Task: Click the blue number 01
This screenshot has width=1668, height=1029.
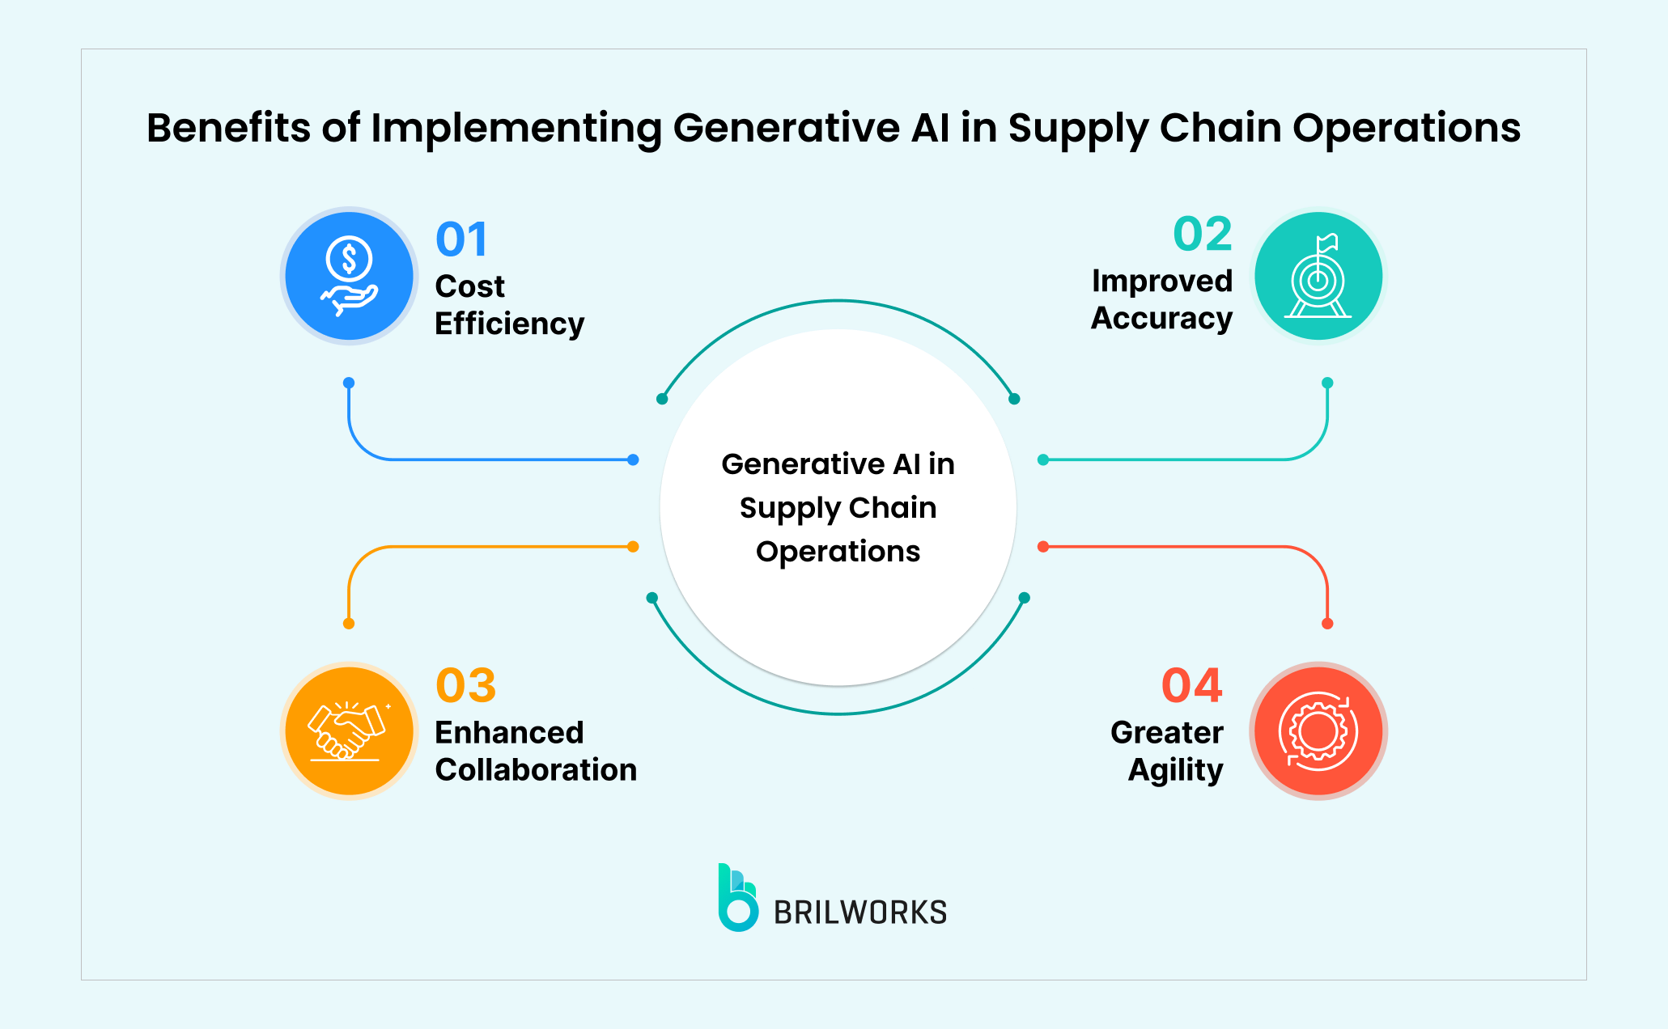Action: coord(461,239)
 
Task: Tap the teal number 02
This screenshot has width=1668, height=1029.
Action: coord(1203,234)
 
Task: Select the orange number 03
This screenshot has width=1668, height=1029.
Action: coord(465,685)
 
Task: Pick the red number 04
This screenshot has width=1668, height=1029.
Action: coord(1191,685)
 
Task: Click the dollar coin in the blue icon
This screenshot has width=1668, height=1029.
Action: coord(349,259)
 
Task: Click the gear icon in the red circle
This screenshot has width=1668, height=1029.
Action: coord(1318,731)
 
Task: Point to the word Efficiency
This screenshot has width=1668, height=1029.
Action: coord(509,324)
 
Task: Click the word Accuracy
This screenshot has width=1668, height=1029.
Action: coord(1161,318)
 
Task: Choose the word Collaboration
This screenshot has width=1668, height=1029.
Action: coord(536,769)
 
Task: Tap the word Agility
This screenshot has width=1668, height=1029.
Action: coord(1175,769)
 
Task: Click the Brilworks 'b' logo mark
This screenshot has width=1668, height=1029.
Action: coord(737,899)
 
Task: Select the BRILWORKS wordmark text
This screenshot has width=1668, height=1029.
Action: coord(860,913)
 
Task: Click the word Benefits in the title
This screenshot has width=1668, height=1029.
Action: coord(228,128)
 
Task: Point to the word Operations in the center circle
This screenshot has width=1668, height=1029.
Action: coord(838,551)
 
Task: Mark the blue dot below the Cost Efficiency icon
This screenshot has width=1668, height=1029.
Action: coord(349,383)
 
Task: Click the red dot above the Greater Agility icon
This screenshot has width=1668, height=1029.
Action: coord(1327,624)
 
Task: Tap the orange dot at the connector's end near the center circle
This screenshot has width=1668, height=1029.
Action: coord(633,547)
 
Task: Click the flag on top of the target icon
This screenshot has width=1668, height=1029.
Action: coord(1327,242)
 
